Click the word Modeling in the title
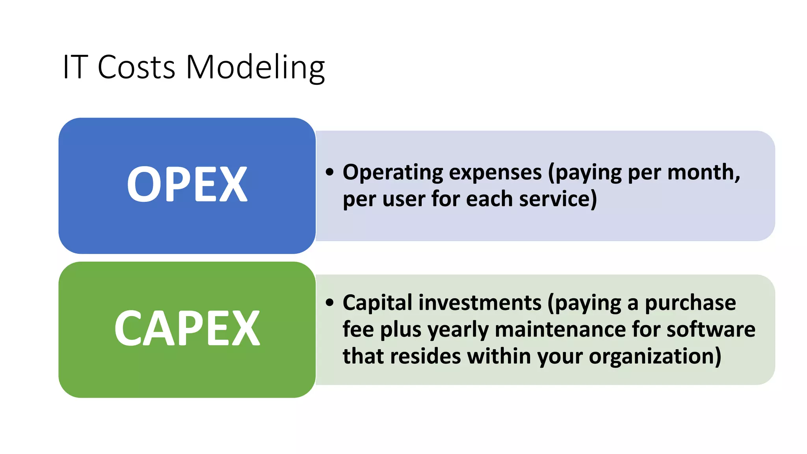(255, 68)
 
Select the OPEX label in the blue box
(187, 184)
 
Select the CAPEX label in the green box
(187, 328)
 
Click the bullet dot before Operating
(330, 172)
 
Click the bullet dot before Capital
(330, 303)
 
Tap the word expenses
(495, 173)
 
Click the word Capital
(377, 303)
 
